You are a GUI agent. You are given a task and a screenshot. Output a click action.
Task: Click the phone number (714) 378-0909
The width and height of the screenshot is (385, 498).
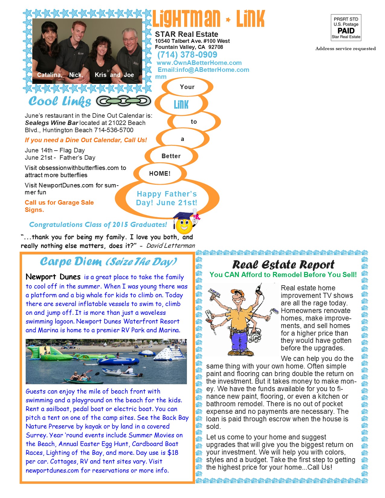pos(187,55)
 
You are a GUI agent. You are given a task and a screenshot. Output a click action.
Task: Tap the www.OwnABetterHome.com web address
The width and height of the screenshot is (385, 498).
pos(199,63)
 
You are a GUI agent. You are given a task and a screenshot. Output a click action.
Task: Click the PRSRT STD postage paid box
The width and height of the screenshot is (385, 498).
pos(346,28)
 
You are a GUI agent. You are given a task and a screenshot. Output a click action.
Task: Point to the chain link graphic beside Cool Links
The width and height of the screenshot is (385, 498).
pos(124,101)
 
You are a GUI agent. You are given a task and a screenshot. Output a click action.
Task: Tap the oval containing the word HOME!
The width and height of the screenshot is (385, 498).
pos(160,174)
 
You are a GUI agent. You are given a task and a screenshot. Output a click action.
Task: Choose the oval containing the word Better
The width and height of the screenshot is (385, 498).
pos(171,156)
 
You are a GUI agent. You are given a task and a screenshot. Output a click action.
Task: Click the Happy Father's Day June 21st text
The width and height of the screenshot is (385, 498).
pos(167,198)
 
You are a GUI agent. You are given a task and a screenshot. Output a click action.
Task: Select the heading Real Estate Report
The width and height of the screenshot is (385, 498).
pos(283,265)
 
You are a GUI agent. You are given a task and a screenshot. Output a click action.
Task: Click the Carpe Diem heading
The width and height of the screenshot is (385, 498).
pos(108,262)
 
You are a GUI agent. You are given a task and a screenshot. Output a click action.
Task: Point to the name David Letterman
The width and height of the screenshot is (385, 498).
pos(171,246)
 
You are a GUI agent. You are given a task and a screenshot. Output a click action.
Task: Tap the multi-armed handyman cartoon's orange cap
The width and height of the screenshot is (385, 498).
pos(237,292)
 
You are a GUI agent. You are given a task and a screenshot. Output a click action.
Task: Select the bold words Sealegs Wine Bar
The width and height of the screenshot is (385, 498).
pos(51,123)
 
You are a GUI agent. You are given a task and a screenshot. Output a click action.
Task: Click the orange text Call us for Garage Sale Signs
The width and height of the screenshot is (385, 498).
pos(59,206)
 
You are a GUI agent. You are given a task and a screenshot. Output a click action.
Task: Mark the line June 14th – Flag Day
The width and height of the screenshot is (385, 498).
pos(55,150)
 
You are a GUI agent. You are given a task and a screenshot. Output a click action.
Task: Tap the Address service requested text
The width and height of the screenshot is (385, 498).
pos(345,49)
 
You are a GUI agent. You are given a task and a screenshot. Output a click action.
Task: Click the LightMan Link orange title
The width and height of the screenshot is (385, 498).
pos(208,19)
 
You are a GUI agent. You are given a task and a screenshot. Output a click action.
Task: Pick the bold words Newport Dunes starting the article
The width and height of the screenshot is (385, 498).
pos(53,277)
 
